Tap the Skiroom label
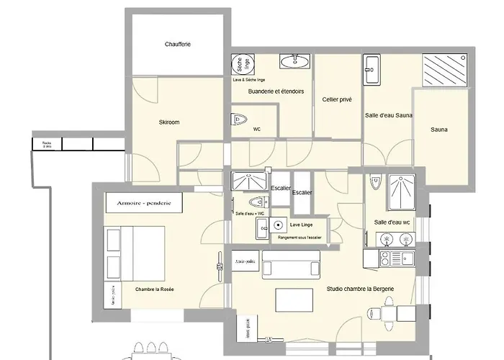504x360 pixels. (x=168, y=122)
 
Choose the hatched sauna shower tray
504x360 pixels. (x=444, y=71)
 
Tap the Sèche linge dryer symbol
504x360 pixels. (x=240, y=66)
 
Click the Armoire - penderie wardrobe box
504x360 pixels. (x=143, y=204)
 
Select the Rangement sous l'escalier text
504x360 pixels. (x=294, y=237)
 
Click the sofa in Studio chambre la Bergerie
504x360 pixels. (x=290, y=269)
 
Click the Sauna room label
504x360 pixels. (x=438, y=130)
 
